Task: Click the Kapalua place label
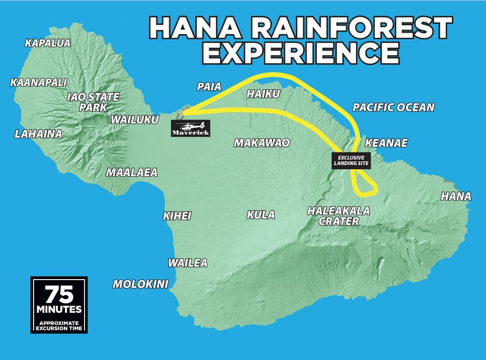coord(48,43)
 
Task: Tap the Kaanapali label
coord(38,83)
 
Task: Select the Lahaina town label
coord(38,134)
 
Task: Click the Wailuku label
coord(135,120)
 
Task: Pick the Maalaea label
coord(132,173)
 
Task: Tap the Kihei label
coord(177,216)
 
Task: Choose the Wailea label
coord(187,263)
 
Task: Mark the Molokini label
coord(140,284)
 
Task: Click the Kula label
coord(261,215)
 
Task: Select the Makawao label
coord(262,143)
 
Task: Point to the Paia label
coord(209,86)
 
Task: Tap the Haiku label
coord(263,94)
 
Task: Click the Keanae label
coord(386,143)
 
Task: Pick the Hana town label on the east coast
coord(456,196)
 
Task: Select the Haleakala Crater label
coord(338,216)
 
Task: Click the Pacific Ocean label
coord(393,108)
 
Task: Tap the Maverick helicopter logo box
coord(191,128)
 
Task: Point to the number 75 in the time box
coord(59,295)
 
